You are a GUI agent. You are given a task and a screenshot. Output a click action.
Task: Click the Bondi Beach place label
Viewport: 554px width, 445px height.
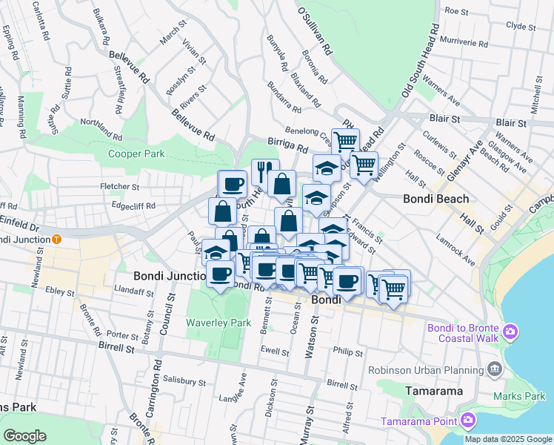point(436,199)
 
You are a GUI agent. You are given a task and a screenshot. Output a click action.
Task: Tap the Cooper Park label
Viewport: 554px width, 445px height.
point(136,154)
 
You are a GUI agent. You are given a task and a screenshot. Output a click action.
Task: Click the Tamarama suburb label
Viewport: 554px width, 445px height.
point(434,390)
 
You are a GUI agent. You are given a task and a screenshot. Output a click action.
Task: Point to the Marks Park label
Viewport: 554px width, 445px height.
point(525,396)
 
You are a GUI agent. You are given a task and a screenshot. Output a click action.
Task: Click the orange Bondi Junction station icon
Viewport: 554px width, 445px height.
point(56,240)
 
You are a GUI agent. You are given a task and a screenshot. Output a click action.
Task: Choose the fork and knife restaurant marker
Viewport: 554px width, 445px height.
point(262,171)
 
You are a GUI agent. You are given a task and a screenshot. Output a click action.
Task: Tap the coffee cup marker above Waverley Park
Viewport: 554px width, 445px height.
point(220,274)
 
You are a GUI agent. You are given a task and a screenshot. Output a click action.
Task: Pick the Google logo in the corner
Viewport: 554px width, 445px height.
point(24,436)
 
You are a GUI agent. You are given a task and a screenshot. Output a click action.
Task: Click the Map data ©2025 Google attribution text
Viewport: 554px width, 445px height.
point(509,439)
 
